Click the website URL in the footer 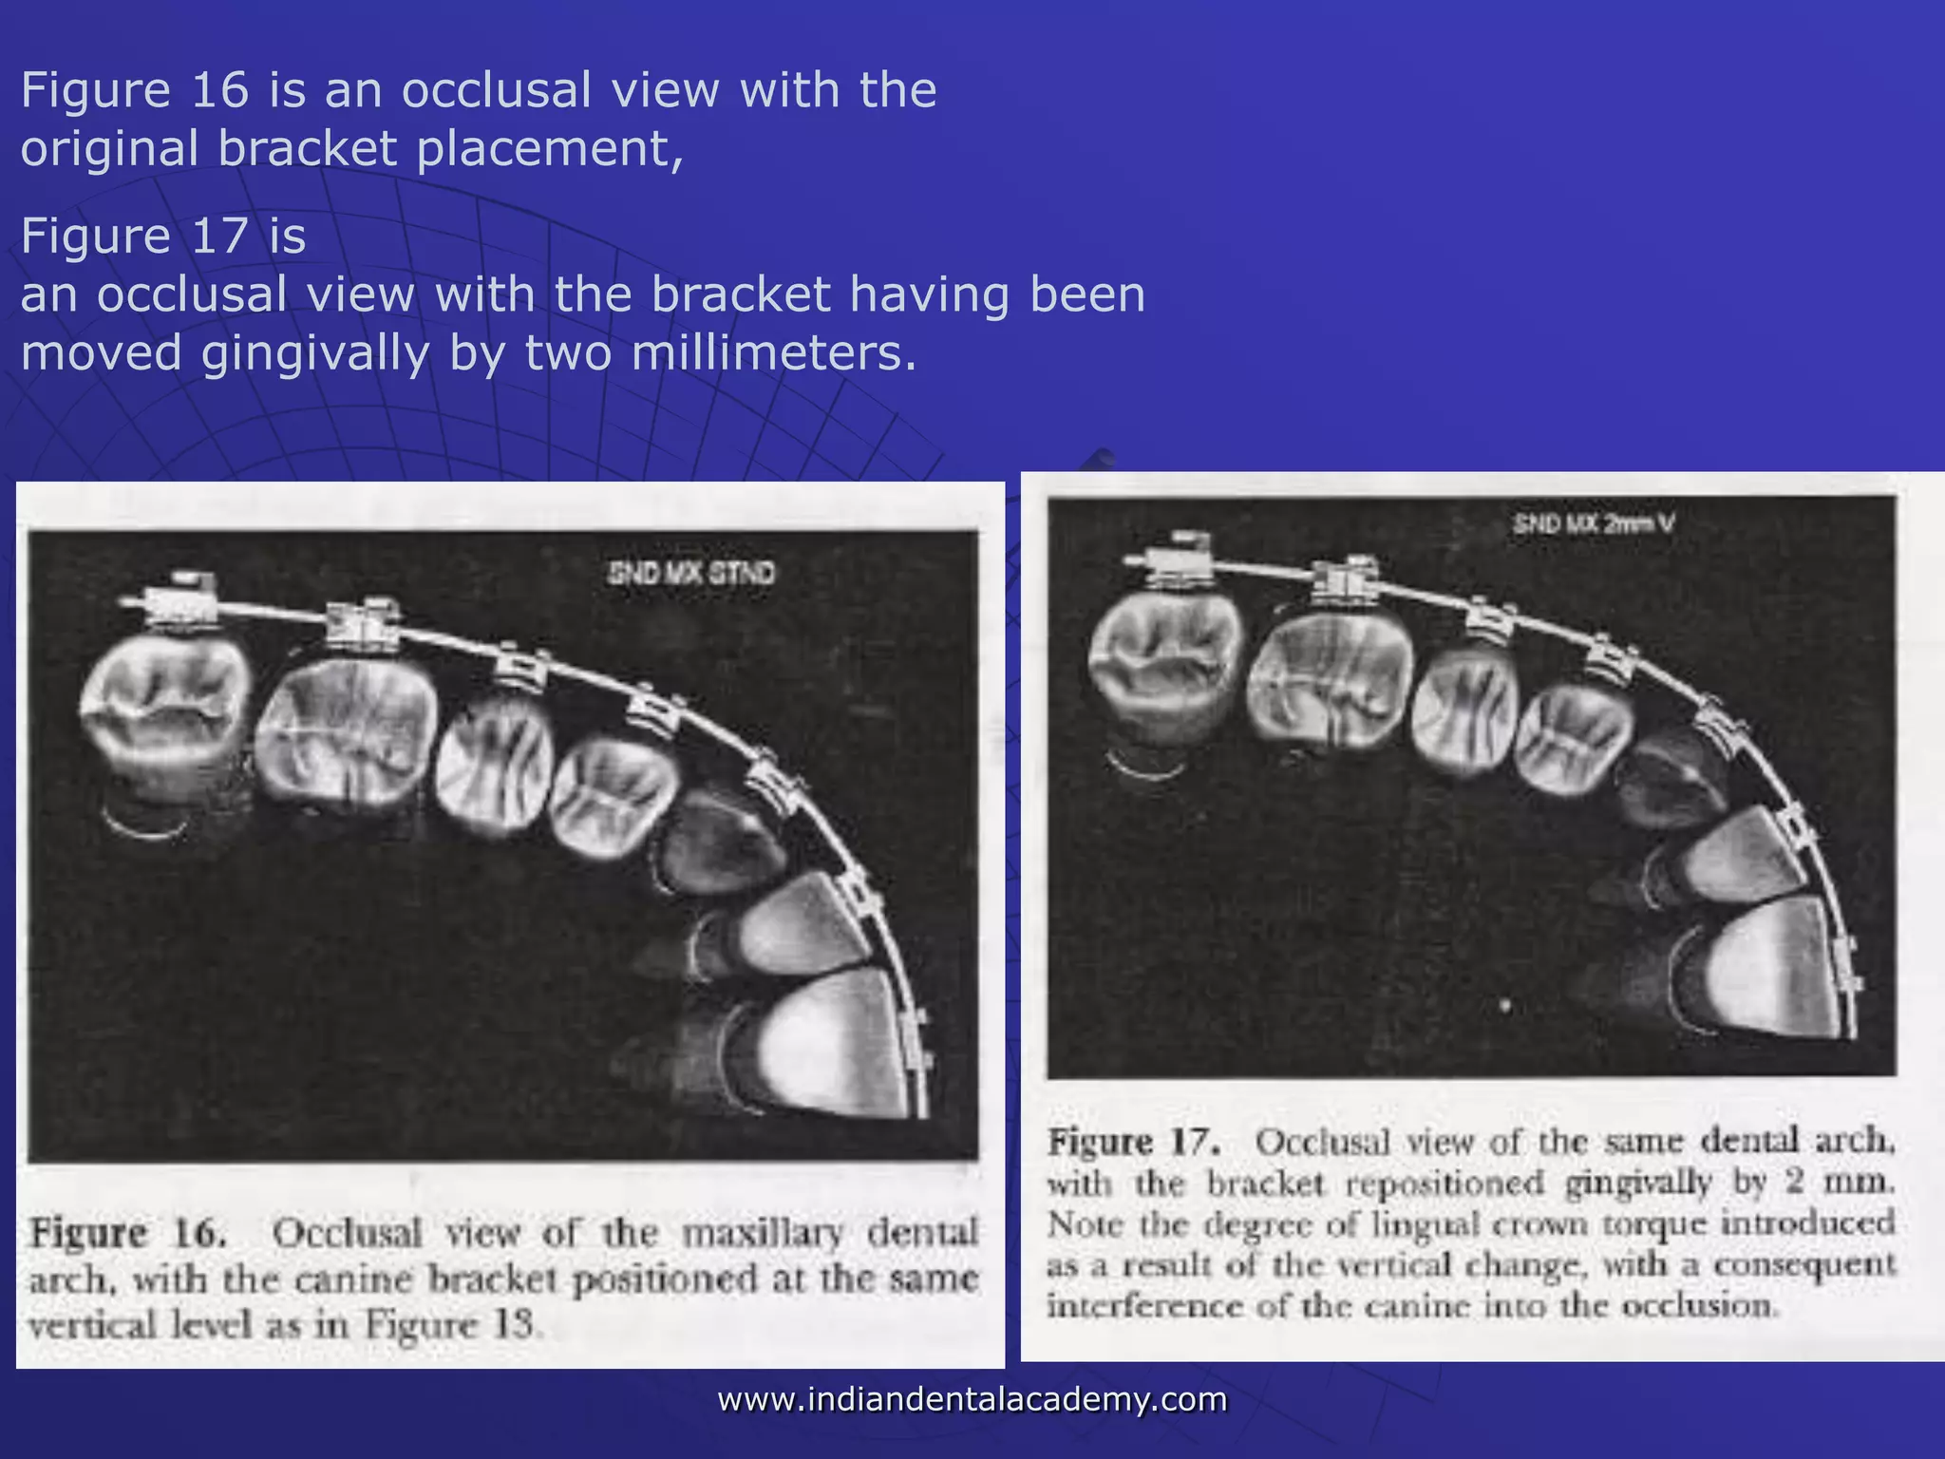tap(972, 1399)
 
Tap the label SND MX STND tap(691, 574)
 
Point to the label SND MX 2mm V tap(1593, 523)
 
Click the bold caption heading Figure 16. tap(128, 1234)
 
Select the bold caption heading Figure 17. tap(1134, 1142)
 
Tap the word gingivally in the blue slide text tap(314, 353)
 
